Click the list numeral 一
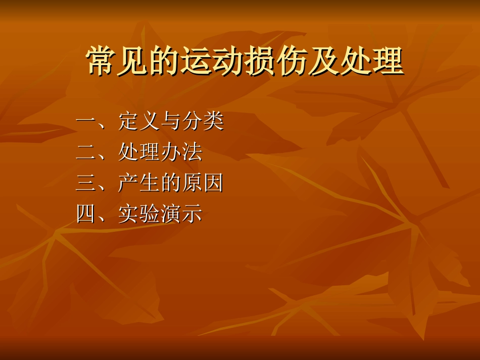(x=86, y=122)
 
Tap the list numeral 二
(x=86, y=152)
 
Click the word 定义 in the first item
(x=139, y=122)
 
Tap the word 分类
(x=203, y=122)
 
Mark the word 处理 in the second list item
(x=139, y=152)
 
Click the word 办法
(x=181, y=152)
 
